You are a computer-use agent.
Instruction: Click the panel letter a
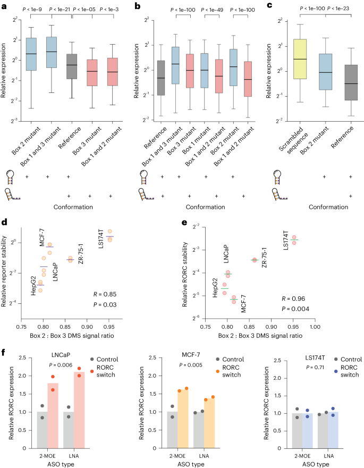pos(5,6)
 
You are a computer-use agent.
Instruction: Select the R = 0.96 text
pos(292,299)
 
